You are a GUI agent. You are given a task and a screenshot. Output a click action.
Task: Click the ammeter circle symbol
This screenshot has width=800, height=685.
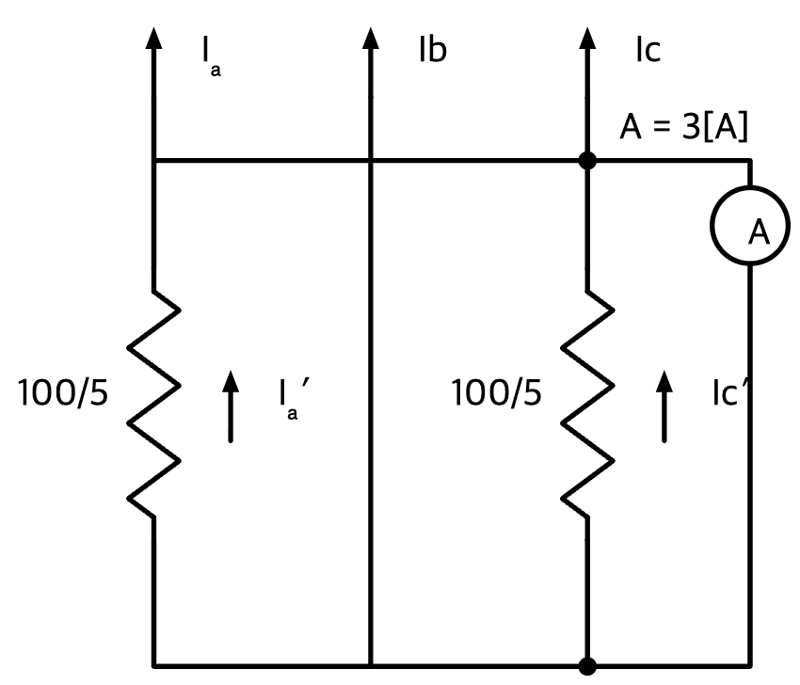click(712, 226)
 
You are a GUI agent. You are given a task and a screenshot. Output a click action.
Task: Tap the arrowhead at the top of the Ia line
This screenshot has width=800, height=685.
click(153, 39)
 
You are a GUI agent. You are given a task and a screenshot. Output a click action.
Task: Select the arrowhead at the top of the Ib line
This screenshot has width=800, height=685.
click(371, 39)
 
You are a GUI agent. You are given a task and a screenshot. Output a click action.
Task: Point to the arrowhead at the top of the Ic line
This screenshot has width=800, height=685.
click(587, 39)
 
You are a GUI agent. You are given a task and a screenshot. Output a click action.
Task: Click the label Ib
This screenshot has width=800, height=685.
click(433, 50)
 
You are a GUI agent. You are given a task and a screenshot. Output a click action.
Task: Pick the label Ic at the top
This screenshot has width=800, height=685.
click(648, 50)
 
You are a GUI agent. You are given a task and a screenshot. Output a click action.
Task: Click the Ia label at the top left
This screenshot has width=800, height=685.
click(211, 56)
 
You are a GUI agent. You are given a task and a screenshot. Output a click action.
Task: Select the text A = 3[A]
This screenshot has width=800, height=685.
click(683, 126)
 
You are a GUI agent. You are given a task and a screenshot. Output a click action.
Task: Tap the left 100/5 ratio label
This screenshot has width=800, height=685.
click(63, 392)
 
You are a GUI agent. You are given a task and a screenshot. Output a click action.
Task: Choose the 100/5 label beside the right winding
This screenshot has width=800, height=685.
click(496, 392)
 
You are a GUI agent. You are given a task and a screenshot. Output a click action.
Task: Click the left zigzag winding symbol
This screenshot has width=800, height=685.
click(153, 404)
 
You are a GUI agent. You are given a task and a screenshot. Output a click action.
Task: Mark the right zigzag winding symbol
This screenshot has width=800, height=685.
click(587, 404)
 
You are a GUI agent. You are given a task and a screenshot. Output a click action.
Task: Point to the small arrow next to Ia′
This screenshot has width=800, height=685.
click(231, 406)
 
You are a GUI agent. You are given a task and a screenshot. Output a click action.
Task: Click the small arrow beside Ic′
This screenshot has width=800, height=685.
click(664, 406)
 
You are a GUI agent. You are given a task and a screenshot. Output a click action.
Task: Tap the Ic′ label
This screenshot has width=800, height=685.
click(730, 392)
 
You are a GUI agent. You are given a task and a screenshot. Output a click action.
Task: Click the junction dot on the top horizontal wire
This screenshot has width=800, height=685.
click(587, 161)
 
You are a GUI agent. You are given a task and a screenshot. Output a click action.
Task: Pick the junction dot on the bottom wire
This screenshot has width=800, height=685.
click(587, 666)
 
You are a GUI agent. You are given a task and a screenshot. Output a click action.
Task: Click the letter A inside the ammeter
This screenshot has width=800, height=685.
click(760, 232)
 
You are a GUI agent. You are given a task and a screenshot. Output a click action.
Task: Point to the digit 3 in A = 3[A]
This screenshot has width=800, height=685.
click(692, 126)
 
